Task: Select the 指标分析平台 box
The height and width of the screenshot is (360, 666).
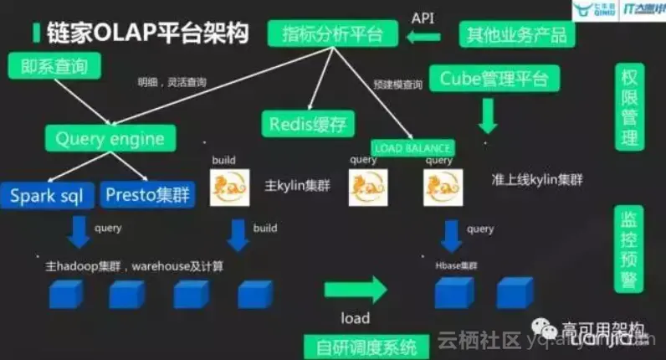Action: click(x=333, y=35)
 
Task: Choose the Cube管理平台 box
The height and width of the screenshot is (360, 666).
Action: click(x=493, y=79)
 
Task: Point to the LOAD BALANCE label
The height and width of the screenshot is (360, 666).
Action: click(x=414, y=148)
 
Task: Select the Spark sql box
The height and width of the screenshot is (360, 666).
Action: click(x=47, y=196)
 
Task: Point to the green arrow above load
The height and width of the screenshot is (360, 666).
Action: click(x=355, y=291)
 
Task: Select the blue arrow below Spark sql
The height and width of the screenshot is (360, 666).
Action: click(x=79, y=232)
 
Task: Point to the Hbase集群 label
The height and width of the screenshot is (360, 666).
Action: click(x=456, y=264)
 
